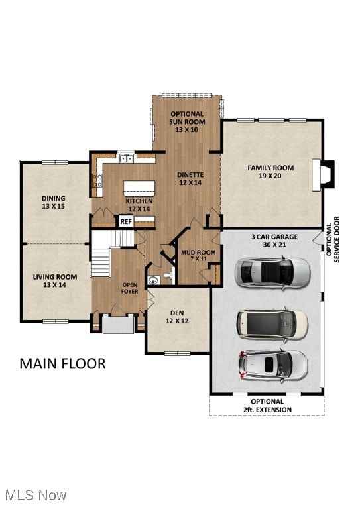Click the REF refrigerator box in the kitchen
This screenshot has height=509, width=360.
point(126,222)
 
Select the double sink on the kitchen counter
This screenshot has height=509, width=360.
point(126,158)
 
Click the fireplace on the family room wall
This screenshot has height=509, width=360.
point(326,174)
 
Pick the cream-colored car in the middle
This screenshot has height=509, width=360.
point(272,322)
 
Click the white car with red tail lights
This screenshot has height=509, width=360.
point(272,363)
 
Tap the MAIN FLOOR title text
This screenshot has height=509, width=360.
point(62,363)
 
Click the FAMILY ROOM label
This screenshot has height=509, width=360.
point(270,168)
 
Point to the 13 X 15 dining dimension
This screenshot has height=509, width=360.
point(54,207)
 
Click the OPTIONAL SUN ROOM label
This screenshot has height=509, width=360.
point(187,117)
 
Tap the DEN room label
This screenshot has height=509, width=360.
point(177,313)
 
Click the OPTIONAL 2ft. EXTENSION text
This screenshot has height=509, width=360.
point(267,406)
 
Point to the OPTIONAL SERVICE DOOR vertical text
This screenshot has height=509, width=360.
point(333,239)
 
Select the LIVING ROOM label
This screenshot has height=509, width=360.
point(55,277)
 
